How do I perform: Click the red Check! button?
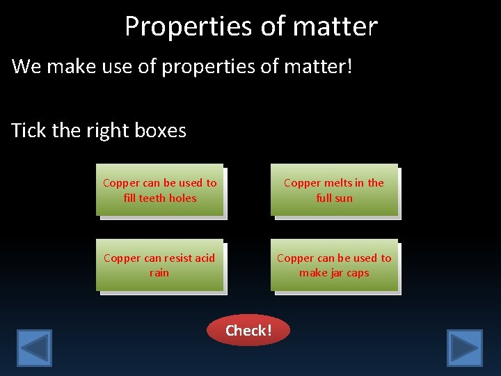(248, 330)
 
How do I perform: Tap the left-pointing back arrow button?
(34, 347)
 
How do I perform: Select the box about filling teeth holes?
(160, 190)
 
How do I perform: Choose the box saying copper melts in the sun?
(334, 190)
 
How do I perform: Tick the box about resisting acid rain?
(159, 265)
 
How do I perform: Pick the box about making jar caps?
(334, 265)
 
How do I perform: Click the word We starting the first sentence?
(26, 67)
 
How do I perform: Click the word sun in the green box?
(344, 198)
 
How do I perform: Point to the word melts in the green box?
(337, 183)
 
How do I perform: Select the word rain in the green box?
(159, 273)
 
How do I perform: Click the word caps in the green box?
(358, 273)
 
